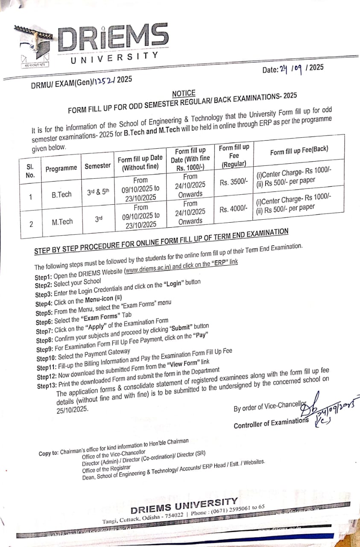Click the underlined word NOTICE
184,94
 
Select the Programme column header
61,168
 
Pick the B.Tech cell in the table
61,194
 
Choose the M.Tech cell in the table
62,222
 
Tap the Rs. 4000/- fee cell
234,209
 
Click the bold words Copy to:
49,453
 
